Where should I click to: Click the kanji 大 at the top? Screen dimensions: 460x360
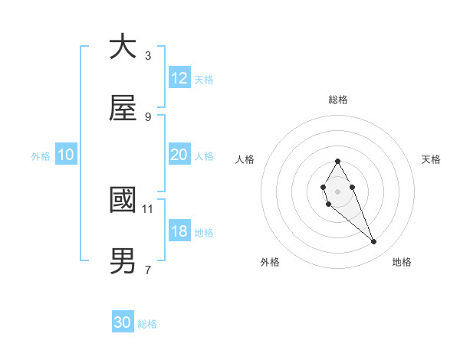(123, 47)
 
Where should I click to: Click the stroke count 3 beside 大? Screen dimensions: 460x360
(148, 55)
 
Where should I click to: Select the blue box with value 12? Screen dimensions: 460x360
(179, 78)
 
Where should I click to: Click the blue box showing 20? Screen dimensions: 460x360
(179, 155)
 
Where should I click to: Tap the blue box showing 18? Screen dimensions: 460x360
(179, 231)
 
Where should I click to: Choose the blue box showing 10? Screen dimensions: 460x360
(66, 155)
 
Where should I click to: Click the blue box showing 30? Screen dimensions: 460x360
(123, 322)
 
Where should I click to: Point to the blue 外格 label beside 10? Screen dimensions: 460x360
(41, 155)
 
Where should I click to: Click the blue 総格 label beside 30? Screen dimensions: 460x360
(147, 324)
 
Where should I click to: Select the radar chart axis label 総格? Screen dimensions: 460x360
(338, 100)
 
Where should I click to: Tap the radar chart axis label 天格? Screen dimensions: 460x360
(432, 159)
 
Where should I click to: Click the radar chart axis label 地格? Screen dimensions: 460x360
(402, 263)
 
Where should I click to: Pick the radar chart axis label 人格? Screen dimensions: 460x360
(245, 159)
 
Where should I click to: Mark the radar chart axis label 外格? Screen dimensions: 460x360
(270, 263)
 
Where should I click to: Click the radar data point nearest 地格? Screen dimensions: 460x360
(374, 242)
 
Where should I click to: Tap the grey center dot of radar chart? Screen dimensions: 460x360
(338, 190)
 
